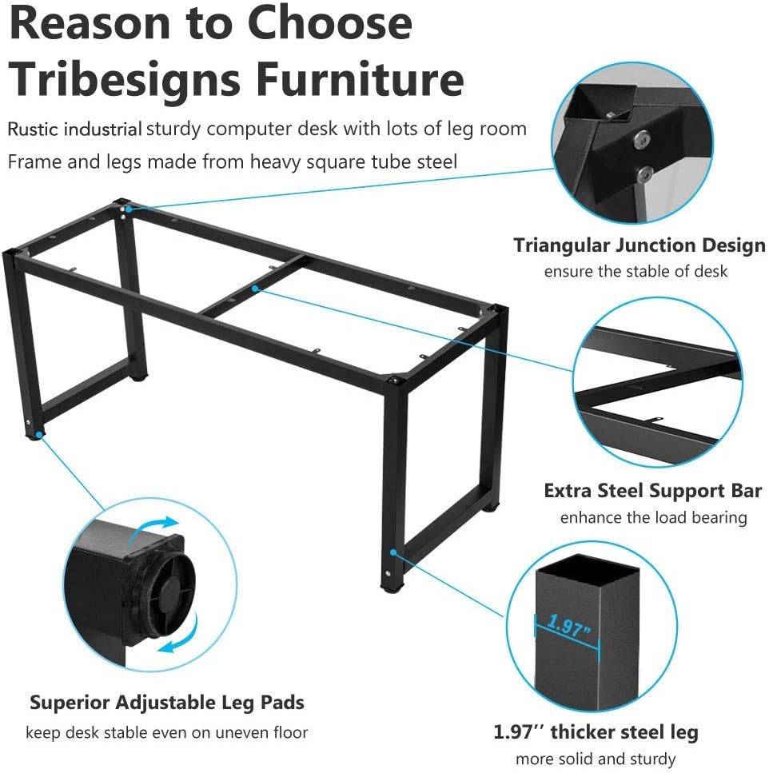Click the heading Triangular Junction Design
pos(640,246)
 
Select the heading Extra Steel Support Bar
pos(653,491)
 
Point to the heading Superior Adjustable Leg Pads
pos(167,703)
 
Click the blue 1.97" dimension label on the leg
pos(568,627)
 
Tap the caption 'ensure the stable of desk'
pos(636,271)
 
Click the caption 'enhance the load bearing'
pos(654,517)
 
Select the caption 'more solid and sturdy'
pos(596,758)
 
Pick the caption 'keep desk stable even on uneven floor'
pos(166,732)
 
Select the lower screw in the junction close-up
pos(645,174)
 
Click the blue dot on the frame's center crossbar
pos(255,289)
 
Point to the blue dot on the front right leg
pos(392,552)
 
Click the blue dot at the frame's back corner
pos(128,209)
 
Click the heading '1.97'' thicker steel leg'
pos(596,732)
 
